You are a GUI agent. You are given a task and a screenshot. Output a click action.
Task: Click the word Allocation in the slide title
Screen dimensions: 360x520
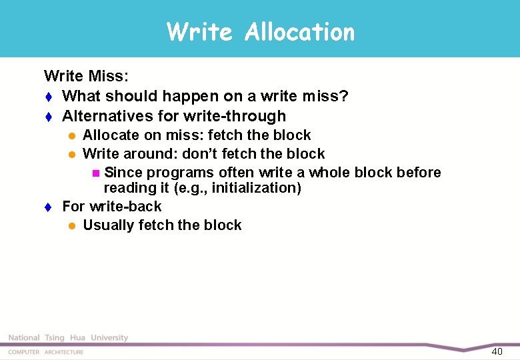[x=299, y=32]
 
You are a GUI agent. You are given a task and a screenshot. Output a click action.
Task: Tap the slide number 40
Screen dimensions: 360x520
[x=497, y=351]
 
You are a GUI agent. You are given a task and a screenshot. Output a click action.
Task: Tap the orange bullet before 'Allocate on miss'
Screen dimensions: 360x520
[x=71, y=136]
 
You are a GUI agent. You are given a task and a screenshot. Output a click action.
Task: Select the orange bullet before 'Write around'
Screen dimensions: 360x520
[x=71, y=155]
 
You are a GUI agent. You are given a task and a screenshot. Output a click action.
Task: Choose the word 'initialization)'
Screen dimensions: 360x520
[x=257, y=188]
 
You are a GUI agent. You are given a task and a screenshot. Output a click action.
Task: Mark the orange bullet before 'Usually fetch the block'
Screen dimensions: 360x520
[x=71, y=226]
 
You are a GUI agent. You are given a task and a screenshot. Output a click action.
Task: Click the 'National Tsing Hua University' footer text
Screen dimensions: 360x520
[x=68, y=338]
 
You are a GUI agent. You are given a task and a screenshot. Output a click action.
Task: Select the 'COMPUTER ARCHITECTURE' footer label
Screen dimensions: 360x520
[x=46, y=352]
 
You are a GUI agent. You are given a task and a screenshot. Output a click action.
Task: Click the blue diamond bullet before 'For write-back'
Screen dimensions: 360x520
[x=47, y=207]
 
